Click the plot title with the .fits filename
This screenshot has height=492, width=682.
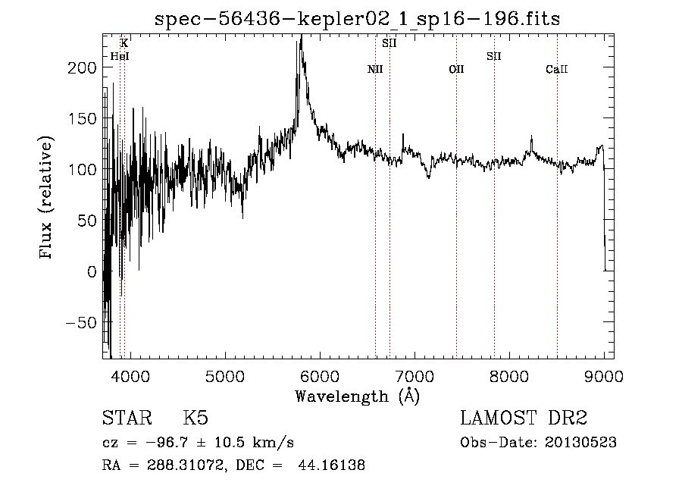coord(357,19)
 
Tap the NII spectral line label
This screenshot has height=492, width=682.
coord(375,70)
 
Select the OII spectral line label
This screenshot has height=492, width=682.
coord(456,70)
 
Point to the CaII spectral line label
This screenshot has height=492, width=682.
coord(557,70)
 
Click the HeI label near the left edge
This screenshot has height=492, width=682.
coord(120,56)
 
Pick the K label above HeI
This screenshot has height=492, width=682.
coord(124,44)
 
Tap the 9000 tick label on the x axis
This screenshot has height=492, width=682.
coord(603,376)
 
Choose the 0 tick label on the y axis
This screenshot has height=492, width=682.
coord(91,271)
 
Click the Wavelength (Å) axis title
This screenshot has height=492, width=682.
coord(357,396)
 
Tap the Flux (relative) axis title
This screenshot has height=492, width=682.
coord(47,199)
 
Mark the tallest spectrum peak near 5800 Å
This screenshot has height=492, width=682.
coord(302,36)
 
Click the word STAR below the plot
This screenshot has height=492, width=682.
coord(127,418)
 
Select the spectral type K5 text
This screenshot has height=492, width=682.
coord(196,418)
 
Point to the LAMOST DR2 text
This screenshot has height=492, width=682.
coord(524,418)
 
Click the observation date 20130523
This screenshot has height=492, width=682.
coord(580,443)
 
